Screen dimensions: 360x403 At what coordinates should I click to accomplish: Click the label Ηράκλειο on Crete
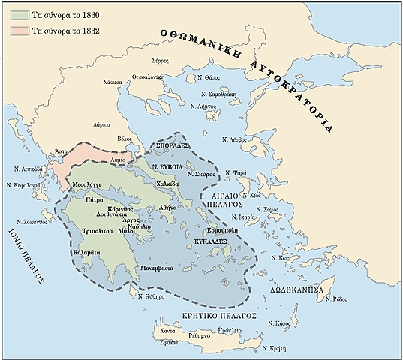click(x=227, y=329)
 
